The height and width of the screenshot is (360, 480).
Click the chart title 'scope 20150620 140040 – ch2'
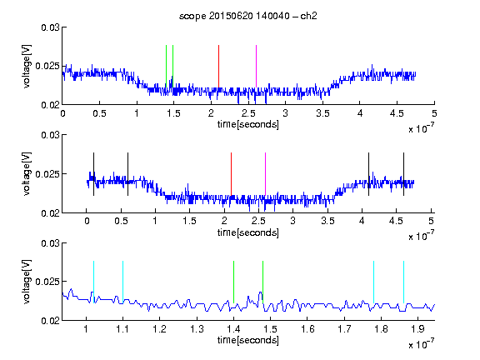tap(248, 16)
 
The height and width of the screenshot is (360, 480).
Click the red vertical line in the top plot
tap(218, 67)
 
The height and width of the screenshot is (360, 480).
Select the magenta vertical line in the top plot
tap(256, 67)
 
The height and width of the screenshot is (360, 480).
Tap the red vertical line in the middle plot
tap(231, 174)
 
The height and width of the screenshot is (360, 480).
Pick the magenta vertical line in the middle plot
tap(265, 174)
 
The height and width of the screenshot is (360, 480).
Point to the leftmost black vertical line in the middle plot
tap(93, 174)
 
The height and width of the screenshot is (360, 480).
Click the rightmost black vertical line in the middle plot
tap(403, 174)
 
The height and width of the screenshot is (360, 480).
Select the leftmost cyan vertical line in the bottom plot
tap(93, 282)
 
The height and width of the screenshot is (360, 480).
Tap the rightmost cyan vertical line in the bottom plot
tap(403, 282)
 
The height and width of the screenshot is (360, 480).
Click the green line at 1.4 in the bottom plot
tap(233, 282)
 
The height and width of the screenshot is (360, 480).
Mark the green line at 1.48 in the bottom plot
tap(262, 282)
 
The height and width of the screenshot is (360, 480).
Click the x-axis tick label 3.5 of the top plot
tap(322, 113)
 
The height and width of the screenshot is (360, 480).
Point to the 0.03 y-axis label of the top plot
tap(50, 27)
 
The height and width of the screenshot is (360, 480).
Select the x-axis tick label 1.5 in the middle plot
tap(189, 221)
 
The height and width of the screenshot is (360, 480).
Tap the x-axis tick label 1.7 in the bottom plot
tap(344, 329)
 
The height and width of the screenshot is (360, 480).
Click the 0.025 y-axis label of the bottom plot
tap(47, 282)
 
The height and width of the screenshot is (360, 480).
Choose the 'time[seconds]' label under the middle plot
tap(248, 232)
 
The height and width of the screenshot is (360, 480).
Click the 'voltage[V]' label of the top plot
tap(27, 66)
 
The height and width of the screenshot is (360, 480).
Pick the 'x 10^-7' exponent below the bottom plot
tap(421, 344)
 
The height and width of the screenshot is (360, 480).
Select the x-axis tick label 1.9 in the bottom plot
tap(417, 329)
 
